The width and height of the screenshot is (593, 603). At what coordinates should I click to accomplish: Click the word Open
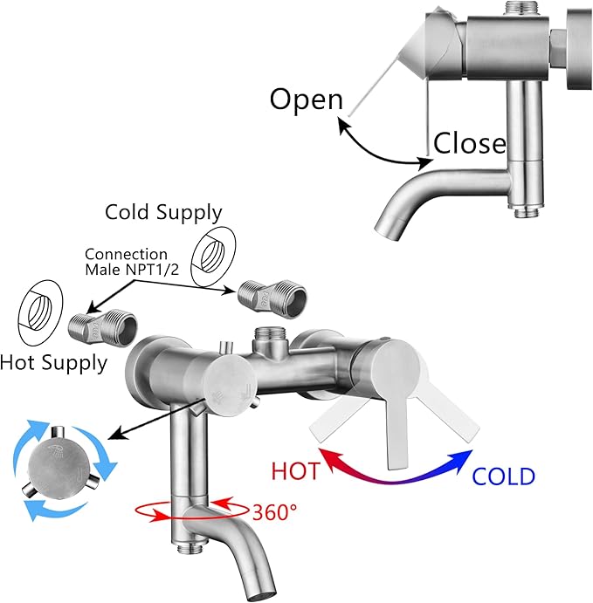[306, 100]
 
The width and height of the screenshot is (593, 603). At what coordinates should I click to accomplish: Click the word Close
[470, 143]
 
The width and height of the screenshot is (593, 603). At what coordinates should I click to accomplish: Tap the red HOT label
[295, 470]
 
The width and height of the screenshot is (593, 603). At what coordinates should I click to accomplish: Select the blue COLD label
[503, 476]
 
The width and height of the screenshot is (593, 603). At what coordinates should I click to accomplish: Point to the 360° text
[274, 512]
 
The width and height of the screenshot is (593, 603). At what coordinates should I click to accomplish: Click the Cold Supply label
[163, 213]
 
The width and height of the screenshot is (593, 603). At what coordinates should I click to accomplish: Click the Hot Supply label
[53, 363]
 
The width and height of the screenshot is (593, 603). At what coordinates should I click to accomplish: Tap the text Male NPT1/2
[132, 270]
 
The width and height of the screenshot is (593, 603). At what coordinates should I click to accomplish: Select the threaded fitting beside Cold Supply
[272, 298]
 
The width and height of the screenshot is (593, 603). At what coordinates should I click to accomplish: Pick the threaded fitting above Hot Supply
[103, 327]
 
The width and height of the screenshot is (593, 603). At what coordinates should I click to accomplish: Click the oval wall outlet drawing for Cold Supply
[213, 256]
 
